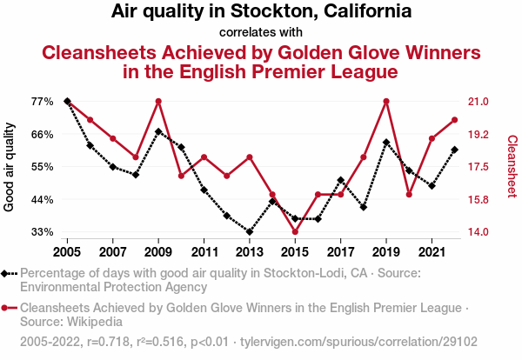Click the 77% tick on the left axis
click(x=42, y=102)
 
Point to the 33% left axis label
click(x=42, y=232)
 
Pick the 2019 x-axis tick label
click(x=385, y=252)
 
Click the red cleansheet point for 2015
click(x=295, y=232)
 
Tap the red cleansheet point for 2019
click(x=385, y=102)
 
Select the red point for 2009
click(x=158, y=102)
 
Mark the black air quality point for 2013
click(x=250, y=232)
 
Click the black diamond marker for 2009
click(x=158, y=131)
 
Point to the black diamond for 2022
click(x=454, y=150)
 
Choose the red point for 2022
click(x=454, y=120)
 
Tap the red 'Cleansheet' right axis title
click(x=512, y=166)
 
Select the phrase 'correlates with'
click(x=261, y=33)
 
